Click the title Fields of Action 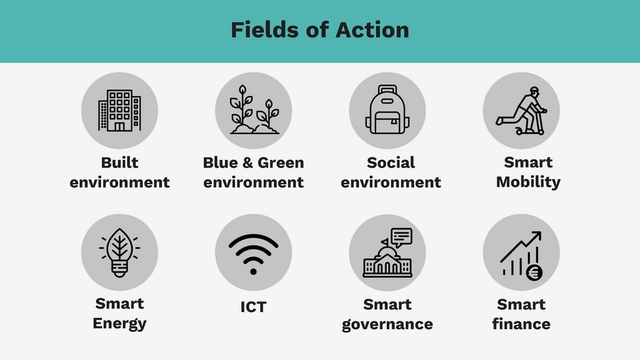(x=320, y=30)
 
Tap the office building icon (x=119, y=111)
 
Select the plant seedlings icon (x=253, y=110)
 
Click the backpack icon (x=387, y=111)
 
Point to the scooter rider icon (x=521, y=111)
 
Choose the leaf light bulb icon (x=119, y=252)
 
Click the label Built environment (x=119, y=172)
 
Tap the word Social (x=391, y=163)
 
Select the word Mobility (x=528, y=181)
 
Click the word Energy (x=119, y=324)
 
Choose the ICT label (x=253, y=307)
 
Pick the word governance (x=387, y=324)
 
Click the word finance (x=521, y=324)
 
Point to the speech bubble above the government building (x=401, y=236)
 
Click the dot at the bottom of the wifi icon (x=253, y=271)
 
